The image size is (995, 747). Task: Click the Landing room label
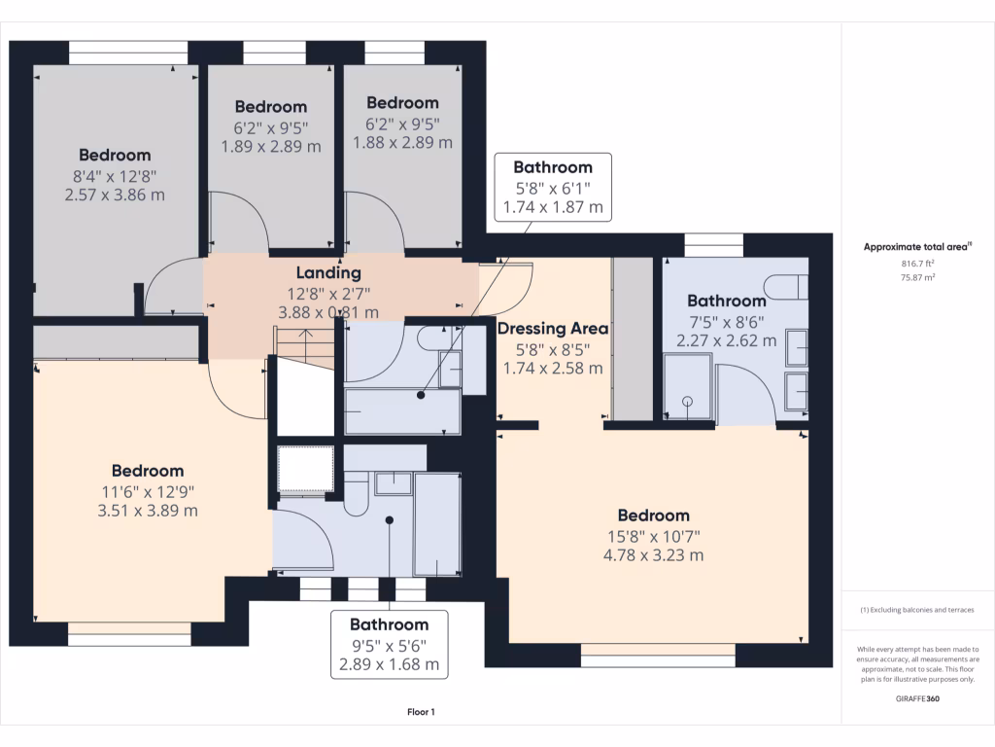(x=328, y=273)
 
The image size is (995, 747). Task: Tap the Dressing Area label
(x=552, y=329)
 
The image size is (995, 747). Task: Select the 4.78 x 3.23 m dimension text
(x=653, y=555)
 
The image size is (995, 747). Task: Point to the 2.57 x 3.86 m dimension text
(x=115, y=195)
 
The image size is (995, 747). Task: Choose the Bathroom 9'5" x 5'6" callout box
(x=389, y=645)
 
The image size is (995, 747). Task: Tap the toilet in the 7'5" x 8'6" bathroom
(x=785, y=286)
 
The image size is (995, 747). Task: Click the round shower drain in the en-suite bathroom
(x=688, y=400)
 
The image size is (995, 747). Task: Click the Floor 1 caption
(x=421, y=713)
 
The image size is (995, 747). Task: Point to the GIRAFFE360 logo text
(x=918, y=698)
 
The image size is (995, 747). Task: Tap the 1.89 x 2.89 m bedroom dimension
(x=270, y=146)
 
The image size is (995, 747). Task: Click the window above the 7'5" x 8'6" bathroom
(x=712, y=244)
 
